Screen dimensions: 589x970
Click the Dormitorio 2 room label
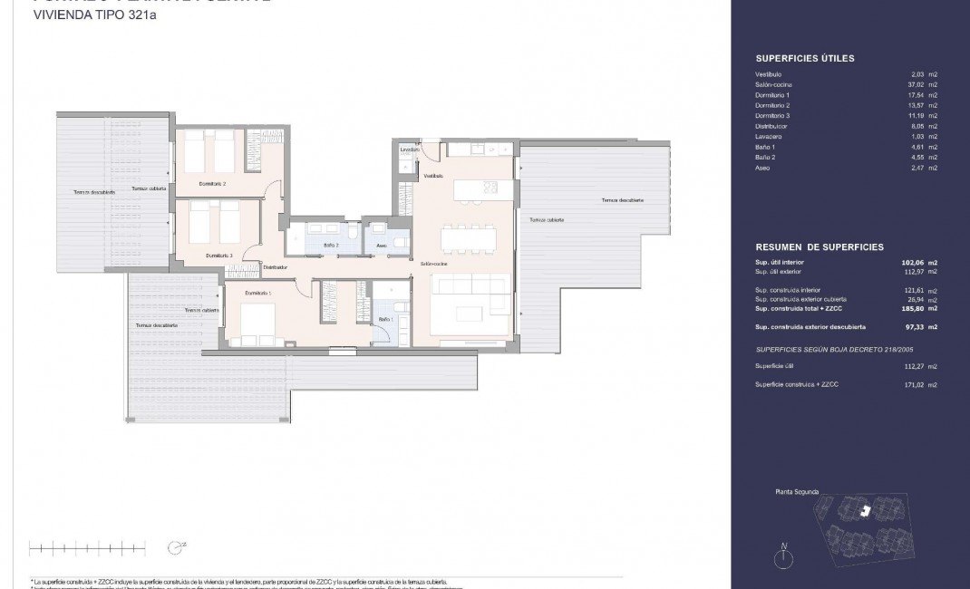(x=212, y=183)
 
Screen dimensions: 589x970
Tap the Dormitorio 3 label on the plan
(x=218, y=256)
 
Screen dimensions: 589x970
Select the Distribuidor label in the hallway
(x=275, y=267)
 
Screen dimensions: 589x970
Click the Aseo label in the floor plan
(x=382, y=245)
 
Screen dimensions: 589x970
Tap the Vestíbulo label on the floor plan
(x=433, y=176)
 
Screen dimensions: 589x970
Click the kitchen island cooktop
(x=490, y=188)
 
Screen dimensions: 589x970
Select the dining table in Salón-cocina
(x=468, y=237)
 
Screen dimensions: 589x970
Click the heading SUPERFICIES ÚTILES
(x=804, y=59)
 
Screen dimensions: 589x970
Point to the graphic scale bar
(x=87, y=546)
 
